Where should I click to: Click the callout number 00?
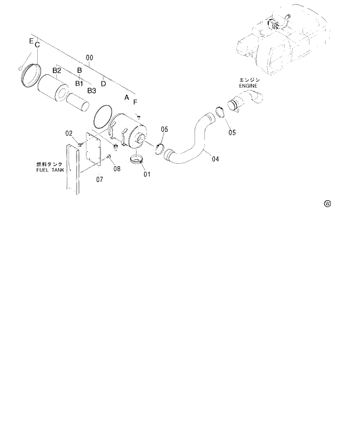(89, 58)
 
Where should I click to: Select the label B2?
(57, 70)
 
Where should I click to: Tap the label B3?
(92, 91)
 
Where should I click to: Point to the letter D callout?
(103, 83)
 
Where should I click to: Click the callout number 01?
(147, 174)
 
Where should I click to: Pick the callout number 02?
(69, 134)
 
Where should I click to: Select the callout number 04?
(215, 158)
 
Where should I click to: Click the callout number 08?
(117, 168)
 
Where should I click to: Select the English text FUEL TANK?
(51, 171)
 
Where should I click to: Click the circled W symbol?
(327, 204)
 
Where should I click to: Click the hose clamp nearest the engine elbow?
(221, 113)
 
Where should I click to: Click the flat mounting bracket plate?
(92, 150)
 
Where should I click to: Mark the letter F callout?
(135, 102)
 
